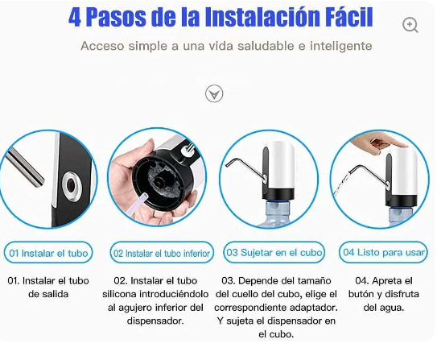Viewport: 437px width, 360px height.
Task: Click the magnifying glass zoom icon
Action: click(x=410, y=25)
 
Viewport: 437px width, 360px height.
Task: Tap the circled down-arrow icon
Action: click(x=214, y=93)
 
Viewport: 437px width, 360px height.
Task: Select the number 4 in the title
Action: click(x=75, y=17)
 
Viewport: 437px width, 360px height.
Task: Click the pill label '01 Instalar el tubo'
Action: click(x=48, y=253)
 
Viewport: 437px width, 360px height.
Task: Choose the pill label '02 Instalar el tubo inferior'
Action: click(x=162, y=253)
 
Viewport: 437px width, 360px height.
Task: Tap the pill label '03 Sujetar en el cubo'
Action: click(x=274, y=252)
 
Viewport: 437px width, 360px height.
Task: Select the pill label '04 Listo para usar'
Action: click(x=384, y=252)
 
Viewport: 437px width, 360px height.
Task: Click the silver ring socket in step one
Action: click(x=72, y=184)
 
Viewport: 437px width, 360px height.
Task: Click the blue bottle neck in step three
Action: click(x=276, y=209)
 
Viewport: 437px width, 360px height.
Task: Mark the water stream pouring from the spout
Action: click(x=340, y=184)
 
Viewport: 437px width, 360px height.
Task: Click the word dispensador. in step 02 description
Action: click(x=155, y=321)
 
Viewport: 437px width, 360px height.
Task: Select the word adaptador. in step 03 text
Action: click(x=314, y=308)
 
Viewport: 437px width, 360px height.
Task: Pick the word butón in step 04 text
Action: click(x=361, y=294)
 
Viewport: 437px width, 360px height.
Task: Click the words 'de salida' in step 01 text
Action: click(x=48, y=294)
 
